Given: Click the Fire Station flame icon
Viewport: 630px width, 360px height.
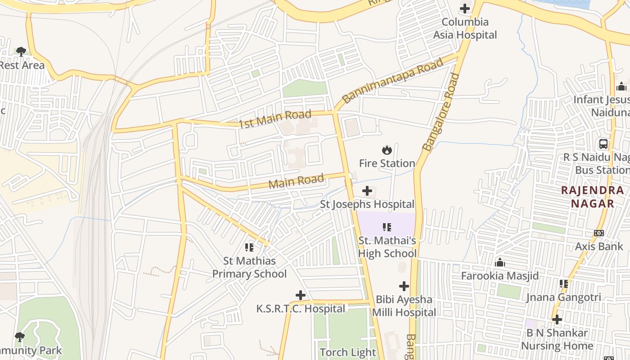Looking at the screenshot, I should tap(387, 150).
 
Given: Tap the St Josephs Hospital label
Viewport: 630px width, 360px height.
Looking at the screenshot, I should tap(367, 204).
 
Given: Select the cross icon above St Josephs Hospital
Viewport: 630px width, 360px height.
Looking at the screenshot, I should tap(367, 191).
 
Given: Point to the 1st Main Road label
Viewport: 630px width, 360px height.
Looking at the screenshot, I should tap(275, 119).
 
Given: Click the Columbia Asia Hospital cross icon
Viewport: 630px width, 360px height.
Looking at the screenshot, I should tap(465, 9).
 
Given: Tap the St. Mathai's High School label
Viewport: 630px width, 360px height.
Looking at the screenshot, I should tap(387, 247).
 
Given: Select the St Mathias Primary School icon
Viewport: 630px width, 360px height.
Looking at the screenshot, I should tap(249, 247).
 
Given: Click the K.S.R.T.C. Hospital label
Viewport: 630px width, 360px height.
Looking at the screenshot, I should tap(301, 309).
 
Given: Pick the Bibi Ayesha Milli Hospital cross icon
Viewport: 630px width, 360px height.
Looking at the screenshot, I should tap(404, 286).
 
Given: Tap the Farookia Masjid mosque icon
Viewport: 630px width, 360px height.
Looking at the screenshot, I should tap(500, 262).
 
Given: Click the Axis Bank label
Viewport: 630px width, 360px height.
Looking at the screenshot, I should tap(599, 246).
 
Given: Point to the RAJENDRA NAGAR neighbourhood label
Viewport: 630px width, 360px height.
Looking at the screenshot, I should tap(593, 197).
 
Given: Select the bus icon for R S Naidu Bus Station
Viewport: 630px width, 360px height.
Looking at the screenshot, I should tap(603, 144).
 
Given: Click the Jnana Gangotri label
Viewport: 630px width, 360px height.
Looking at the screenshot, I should tap(563, 297).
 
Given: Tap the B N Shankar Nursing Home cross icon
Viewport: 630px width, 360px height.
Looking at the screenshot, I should tap(557, 319).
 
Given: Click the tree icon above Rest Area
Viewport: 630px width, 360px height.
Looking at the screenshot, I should tap(21, 51).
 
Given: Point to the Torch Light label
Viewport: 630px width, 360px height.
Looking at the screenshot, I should tap(347, 352).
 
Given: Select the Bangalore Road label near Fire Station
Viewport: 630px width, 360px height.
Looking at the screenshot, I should tap(441, 112).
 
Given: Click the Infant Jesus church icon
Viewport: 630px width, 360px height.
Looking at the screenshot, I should tap(621, 86).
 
